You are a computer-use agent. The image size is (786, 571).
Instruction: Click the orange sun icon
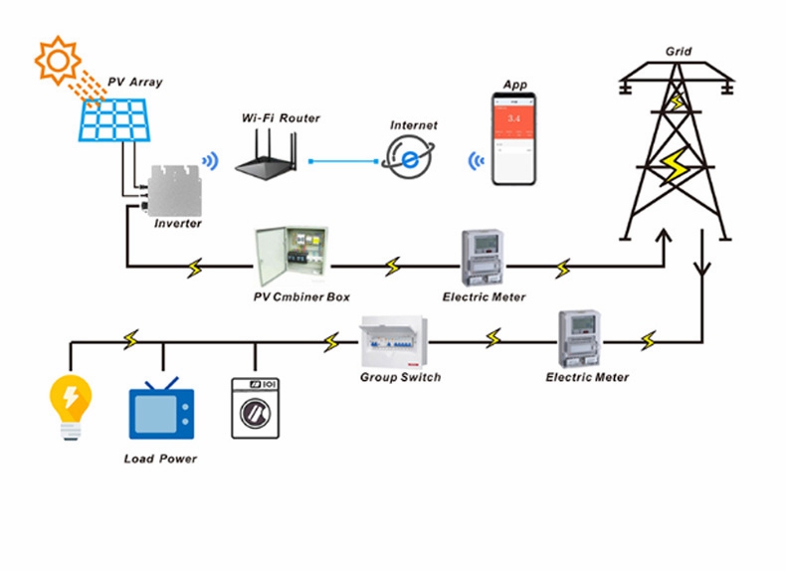(58, 61)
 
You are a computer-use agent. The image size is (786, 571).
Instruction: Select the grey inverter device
(174, 189)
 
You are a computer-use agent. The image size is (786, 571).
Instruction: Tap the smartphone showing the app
(514, 138)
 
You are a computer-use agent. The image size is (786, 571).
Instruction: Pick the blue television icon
(159, 411)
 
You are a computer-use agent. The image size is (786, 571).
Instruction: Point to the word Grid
(679, 51)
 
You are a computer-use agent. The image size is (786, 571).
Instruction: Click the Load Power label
(160, 459)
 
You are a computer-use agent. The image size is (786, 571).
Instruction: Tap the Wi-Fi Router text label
(281, 118)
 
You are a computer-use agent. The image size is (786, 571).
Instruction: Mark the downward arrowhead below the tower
(703, 269)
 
